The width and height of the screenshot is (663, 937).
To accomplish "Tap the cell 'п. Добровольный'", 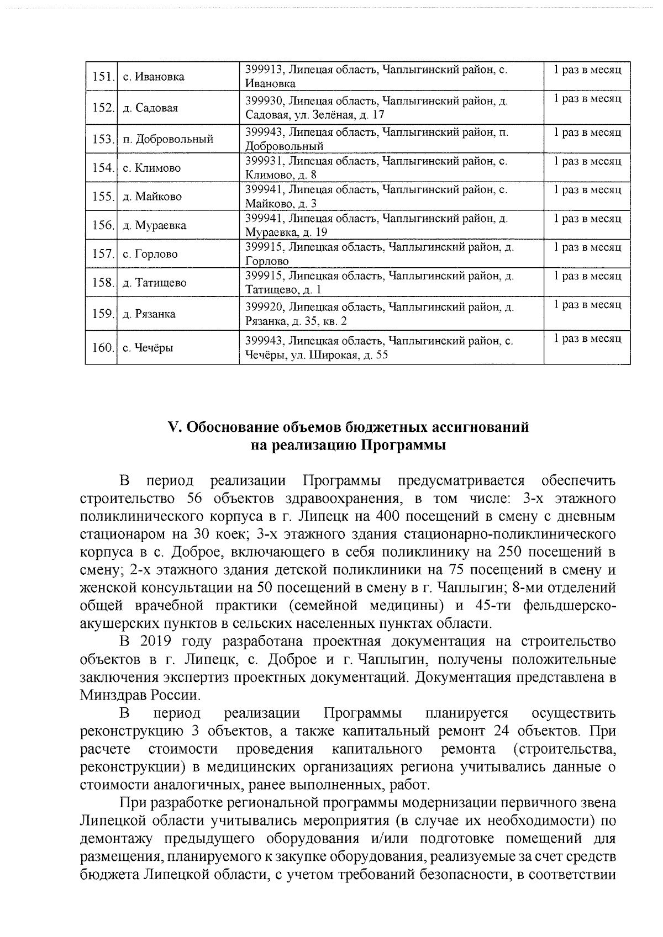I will click(168, 139).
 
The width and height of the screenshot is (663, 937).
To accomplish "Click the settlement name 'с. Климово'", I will click(151, 168).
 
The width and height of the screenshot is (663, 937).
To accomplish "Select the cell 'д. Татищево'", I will click(154, 283).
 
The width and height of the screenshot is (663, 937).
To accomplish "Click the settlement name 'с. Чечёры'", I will click(148, 348).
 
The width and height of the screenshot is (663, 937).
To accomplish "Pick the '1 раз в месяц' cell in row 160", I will click(587, 338).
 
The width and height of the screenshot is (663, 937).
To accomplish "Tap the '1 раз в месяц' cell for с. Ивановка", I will click(587, 70).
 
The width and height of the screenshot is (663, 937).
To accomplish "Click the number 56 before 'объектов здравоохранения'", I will click(193, 499).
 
